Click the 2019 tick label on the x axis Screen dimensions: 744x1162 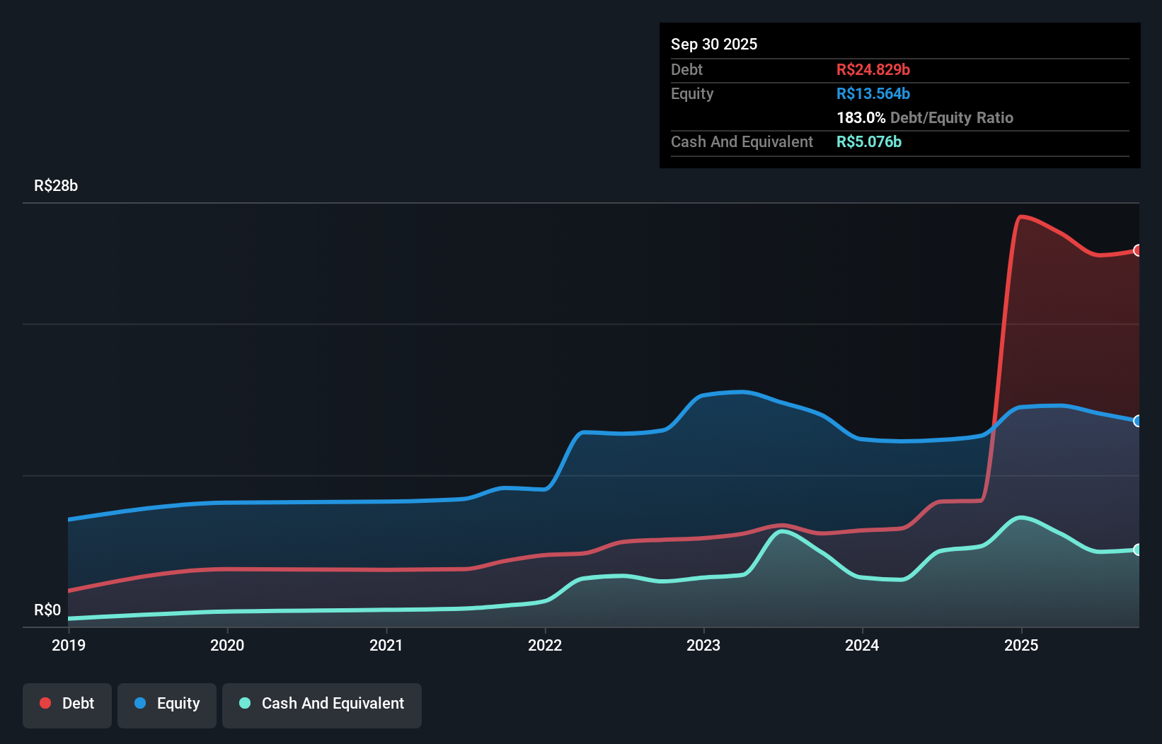pyautogui.click(x=69, y=645)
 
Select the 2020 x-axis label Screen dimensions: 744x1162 pyautogui.click(x=227, y=645)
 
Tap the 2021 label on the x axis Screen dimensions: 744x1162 pyautogui.click(x=386, y=645)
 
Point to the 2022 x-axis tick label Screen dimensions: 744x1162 pyautogui.click(x=545, y=645)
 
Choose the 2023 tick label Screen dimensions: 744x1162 pyautogui.click(x=703, y=645)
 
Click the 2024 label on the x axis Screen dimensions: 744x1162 pyautogui.click(x=862, y=645)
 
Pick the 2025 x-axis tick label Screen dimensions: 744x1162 pyautogui.click(x=1021, y=645)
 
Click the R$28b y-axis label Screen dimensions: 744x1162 pyautogui.click(x=56, y=186)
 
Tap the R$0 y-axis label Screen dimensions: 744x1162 pyautogui.click(x=47, y=610)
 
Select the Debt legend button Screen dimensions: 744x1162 pyautogui.click(x=67, y=704)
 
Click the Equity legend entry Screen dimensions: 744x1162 pyautogui.click(x=167, y=704)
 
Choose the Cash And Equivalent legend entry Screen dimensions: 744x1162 pyautogui.click(x=322, y=704)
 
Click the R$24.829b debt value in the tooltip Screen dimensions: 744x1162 pyautogui.click(x=873, y=70)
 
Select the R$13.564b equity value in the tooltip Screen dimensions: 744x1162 pyautogui.click(x=873, y=94)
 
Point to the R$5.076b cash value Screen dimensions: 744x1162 pyautogui.click(x=869, y=142)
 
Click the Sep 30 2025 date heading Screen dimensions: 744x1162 pyautogui.click(x=714, y=45)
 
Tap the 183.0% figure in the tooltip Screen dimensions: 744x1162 pyautogui.click(x=861, y=118)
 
